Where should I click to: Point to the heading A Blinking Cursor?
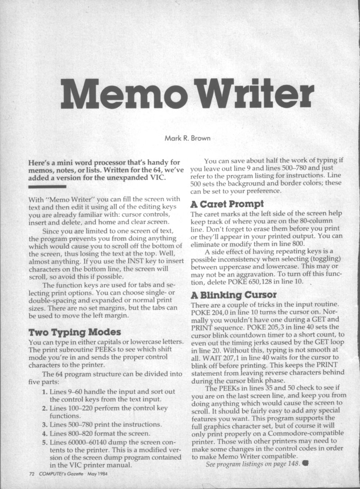(234, 296)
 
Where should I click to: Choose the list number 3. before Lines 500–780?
(44, 425)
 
